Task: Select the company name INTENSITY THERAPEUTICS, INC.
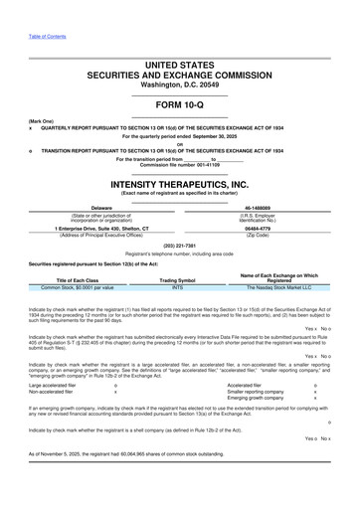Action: click(179, 185)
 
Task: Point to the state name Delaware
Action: click(100, 207)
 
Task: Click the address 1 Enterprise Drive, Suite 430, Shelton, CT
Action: click(102, 227)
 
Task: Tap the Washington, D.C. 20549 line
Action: click(179, 85)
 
